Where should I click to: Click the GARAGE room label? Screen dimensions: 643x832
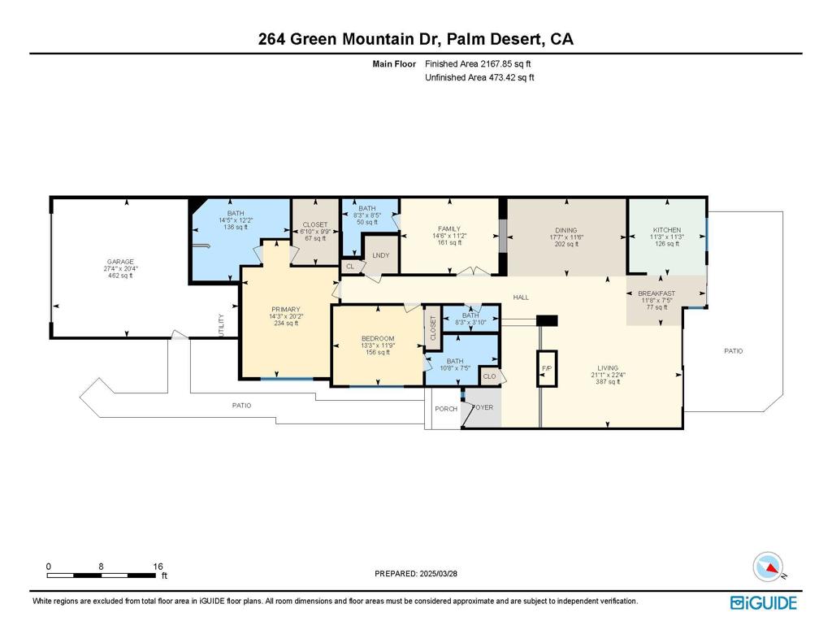(x=119, y=262)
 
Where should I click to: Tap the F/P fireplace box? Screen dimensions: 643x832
(x=547, y=368)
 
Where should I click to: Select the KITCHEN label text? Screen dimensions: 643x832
(x=667, y=230)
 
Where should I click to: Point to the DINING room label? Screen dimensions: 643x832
(x=566, y=230)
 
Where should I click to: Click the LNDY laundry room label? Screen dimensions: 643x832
(x=380, y=255)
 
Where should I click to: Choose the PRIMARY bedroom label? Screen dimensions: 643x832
(x=286, y=309)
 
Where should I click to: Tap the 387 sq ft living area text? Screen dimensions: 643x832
(x=608, y=382)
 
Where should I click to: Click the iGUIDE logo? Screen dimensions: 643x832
(x=763, y=602)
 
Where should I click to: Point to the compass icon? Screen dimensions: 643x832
(x=767, y=566)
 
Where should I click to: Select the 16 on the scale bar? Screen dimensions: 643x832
(x=158, y=567)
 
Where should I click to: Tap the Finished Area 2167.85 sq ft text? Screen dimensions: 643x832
(x=479, y=63)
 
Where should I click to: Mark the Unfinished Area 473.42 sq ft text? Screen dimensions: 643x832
(x=479, y=78)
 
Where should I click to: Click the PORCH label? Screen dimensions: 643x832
(x=446, y=409)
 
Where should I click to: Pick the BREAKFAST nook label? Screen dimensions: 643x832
(x=656, y=293)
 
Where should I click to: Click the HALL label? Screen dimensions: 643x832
(x=521, y=298)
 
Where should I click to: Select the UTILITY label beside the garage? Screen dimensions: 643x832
(x=220, y=325)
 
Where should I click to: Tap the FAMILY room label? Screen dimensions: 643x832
(x=449, y=229)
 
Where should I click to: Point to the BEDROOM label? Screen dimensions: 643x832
(x=378, y=338)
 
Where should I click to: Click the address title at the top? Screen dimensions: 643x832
(x=415, y=39)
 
